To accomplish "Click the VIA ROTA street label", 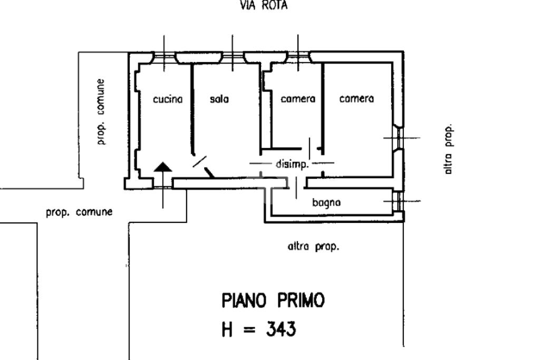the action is point(264,5).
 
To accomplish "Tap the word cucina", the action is point(168,99).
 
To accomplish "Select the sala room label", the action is point(219,99).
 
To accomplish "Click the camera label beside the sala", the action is point(298,99).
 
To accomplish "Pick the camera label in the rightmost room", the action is point(356,99).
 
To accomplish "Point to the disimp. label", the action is point(291,164).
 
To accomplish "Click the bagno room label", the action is point(326,202).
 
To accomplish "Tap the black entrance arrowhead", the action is point(163,167).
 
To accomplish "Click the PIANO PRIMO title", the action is point(273,300).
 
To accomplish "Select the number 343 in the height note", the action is point(281,329).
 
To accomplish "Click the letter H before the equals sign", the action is point(227,329).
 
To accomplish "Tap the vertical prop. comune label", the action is point(100,112).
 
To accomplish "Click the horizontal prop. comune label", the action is point(79,212).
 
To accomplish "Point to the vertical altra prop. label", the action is point(448,149).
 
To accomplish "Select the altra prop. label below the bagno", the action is point(313,247).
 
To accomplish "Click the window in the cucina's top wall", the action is point(165,57).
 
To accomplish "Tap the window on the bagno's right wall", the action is point(399,201).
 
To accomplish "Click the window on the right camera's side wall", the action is point(399,138).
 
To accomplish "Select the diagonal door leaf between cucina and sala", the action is point(199,162).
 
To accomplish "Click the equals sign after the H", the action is point(249,330).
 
